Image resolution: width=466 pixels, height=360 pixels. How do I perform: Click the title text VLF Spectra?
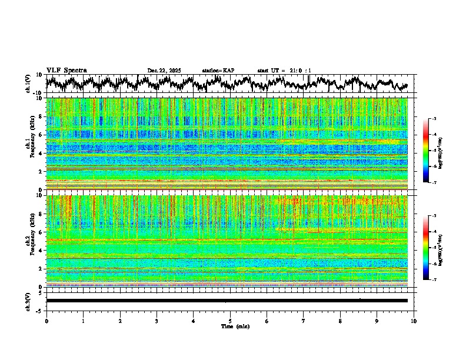(x=66, y=70)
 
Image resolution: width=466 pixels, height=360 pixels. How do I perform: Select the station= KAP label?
(x=218, y=71)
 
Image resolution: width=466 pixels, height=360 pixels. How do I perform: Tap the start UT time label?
(x=284, y=71)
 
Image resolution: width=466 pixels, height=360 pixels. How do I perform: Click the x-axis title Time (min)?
(x=230, y=326)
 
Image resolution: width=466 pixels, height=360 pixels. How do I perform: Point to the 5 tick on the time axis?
(x=230, y=321)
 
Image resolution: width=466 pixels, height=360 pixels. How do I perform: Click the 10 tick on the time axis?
(x=414, y=321)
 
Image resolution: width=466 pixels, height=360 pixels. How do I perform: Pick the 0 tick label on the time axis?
(x=46, y=321)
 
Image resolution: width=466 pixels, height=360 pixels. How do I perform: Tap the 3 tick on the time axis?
(x=157, y=321)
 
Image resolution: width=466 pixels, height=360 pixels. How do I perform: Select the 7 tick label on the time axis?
(x=304, y=321)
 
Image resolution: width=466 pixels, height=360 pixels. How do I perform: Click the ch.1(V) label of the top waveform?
(x=29, y=84)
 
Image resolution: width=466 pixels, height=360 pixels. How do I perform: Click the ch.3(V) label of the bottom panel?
(x=29, y=301)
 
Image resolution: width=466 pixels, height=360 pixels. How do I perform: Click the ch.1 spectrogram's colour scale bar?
(x=426, y=151)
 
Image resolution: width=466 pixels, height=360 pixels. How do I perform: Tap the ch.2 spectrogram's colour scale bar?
(x=426, y=248)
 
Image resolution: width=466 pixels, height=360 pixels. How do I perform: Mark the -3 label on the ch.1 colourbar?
(x=434, y=119)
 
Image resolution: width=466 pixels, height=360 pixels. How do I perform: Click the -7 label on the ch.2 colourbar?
(x=434, y=280)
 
